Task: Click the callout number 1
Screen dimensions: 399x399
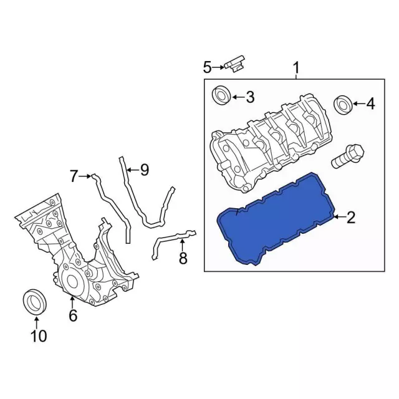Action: [x=296, y=68]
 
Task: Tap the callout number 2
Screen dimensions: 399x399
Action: [x=351, y=218]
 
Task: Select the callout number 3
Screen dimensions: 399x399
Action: [x=251, y=97]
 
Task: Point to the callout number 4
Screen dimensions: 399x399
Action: [x=370, y=103]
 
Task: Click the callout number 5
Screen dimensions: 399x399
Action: [x=208, y=67]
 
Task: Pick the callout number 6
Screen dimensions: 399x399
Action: [x=73, y=316]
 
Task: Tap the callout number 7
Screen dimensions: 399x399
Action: [x=74, y=176]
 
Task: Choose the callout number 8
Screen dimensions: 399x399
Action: [x=183, y=258]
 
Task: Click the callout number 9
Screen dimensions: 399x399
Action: [x=145, y=170]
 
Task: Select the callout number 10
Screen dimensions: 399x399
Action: [x=39, y=336]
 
